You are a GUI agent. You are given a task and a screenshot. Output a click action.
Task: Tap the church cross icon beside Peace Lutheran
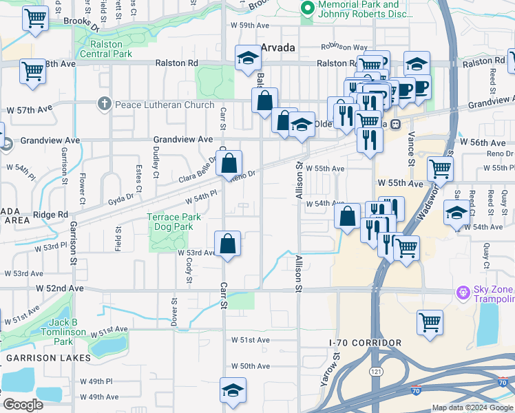tap(104, 103)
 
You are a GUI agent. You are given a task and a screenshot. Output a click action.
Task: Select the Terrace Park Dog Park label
tap(174, 221)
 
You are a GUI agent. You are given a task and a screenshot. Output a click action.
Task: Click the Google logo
tap(23, 405)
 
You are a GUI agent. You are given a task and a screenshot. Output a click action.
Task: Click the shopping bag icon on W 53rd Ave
tap(227, 244)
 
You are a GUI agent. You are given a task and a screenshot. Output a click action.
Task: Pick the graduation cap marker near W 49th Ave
tap(233, 390)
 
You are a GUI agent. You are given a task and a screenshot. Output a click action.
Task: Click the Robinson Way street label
tap(344, 47)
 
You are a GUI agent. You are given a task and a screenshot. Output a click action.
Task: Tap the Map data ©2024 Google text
tap(472, 407)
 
